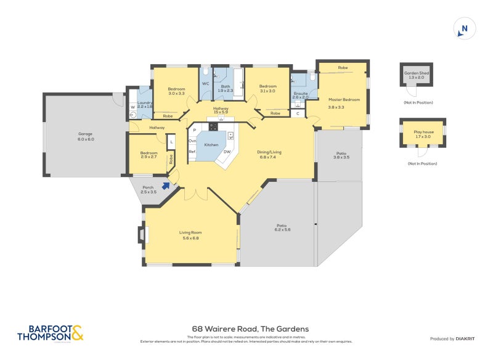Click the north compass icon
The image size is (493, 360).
coord(465,28)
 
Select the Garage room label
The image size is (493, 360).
coord(85,134)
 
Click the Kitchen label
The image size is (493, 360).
coord(211,144)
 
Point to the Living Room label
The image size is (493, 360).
coord(190,232)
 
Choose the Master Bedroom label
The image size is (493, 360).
coord(344,99)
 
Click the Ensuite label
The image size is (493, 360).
coord(300,93)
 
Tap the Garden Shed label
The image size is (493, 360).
coord(416,73)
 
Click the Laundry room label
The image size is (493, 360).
coord(145,103)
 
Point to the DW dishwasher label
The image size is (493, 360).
coord(227,152)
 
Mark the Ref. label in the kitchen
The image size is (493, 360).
coord(192,152)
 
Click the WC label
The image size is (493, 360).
coord(205,84)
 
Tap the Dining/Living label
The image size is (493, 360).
coord(269,152)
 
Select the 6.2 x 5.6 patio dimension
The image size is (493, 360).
coord(282,229)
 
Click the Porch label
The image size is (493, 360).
coord(148,187)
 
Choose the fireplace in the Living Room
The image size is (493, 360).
coord(141,235)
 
